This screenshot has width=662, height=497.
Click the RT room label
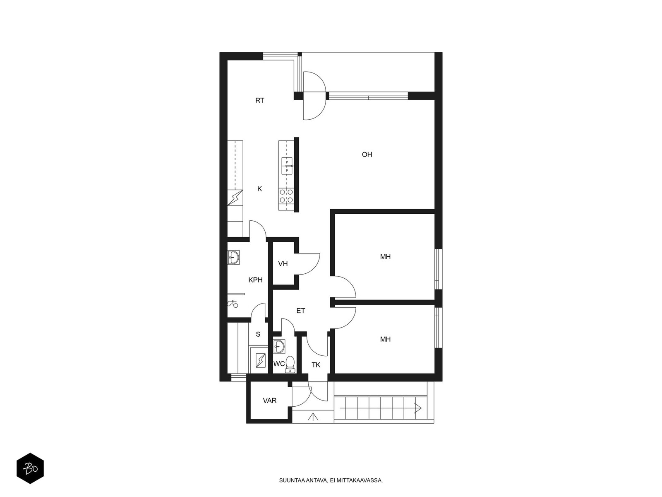(x=260, y=101)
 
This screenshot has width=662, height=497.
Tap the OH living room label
(x=367, y=154)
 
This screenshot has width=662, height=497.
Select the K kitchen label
(x=260, y=189)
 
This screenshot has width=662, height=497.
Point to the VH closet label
(x=283, y=264)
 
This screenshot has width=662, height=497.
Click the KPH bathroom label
(x=255, y=280)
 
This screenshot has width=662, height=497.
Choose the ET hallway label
(x=301, y=311)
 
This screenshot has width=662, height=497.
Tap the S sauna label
(x=258, y=334)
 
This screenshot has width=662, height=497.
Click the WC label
(x=279, y=364)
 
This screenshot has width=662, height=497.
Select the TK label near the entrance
(x=316, y=365)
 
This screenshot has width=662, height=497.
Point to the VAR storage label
(x=270, y=400)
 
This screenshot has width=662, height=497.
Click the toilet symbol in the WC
(x=290, y=364)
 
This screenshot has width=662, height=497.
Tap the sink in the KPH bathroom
(x=233, y=257)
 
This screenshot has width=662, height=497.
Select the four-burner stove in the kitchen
(x=286, y=195)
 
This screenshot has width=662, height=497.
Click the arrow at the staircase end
(x=418, y=408)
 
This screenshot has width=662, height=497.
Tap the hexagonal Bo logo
(x=30, y=468)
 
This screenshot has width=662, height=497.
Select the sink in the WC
(x=279, y=347)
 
